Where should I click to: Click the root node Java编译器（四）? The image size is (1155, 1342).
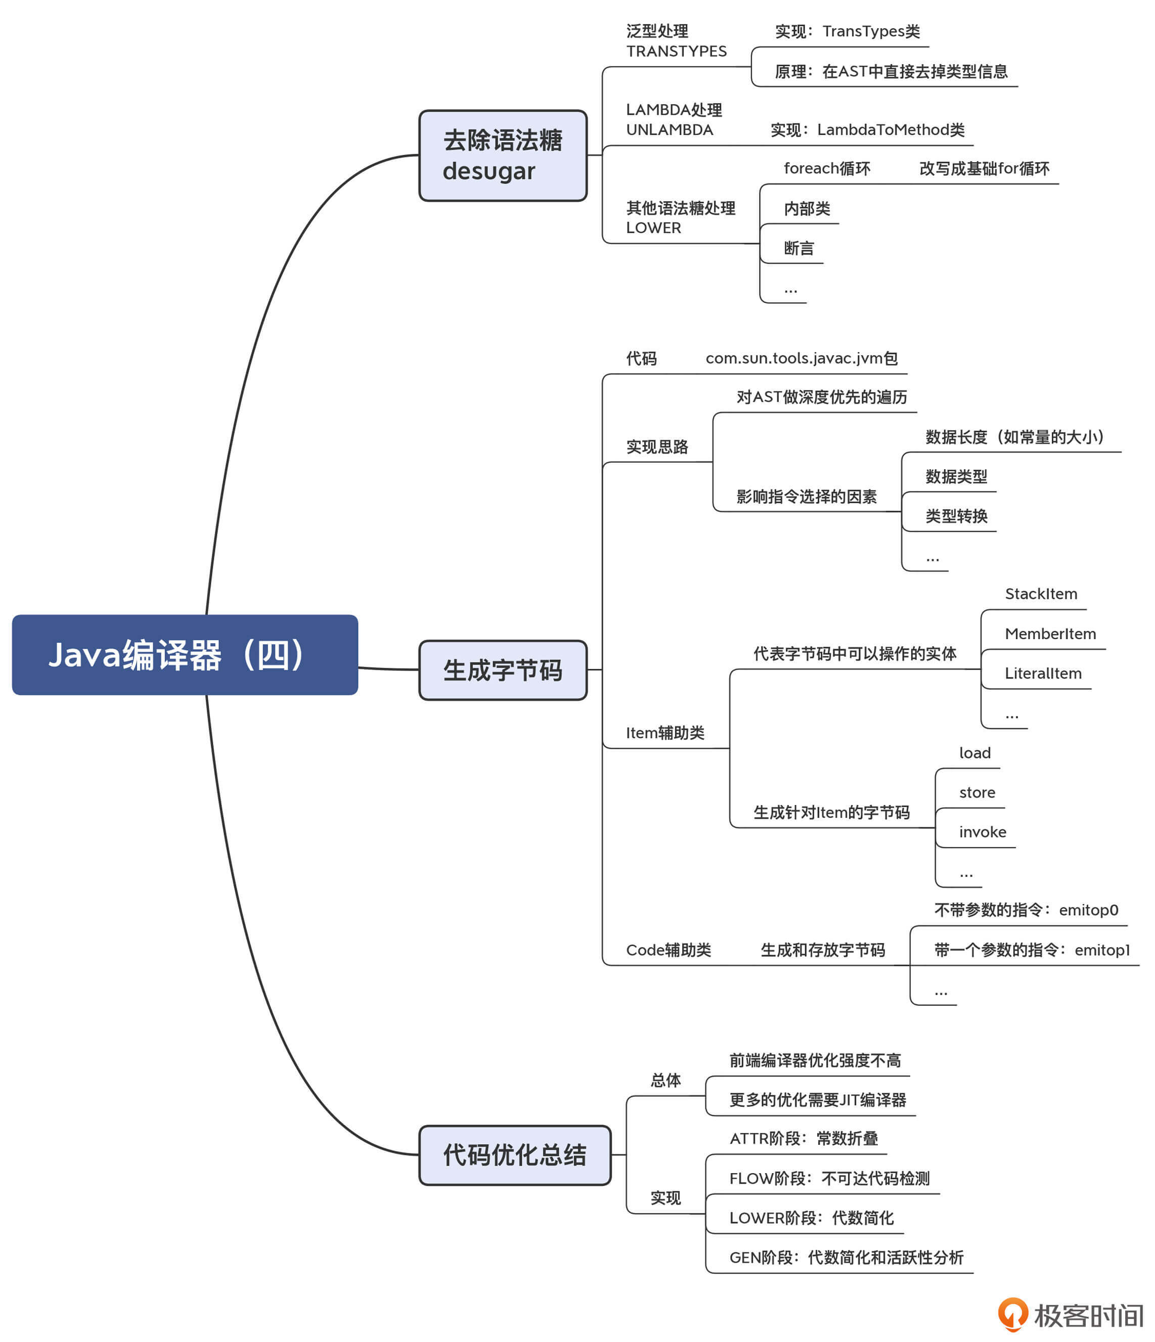(185, 655)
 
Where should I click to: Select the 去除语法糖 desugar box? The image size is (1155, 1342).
(503, 155)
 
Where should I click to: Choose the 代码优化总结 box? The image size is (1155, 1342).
(514, 1155)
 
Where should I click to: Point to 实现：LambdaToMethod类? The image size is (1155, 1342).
(867, 130)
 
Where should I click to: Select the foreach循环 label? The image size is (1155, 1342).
(827, 169)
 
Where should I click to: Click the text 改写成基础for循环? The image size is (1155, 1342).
(984, 169)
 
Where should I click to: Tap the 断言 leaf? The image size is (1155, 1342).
(798, 249)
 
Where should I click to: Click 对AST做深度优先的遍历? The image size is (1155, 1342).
(821, 397)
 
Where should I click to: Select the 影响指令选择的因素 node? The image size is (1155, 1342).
(806, 497)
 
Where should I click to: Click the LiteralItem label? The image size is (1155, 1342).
(1042, 674)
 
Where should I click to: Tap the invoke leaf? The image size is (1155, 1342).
(982, 832)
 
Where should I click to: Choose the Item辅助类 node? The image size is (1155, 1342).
(664, 733)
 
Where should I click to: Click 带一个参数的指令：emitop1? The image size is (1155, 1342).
(1031, 950)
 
